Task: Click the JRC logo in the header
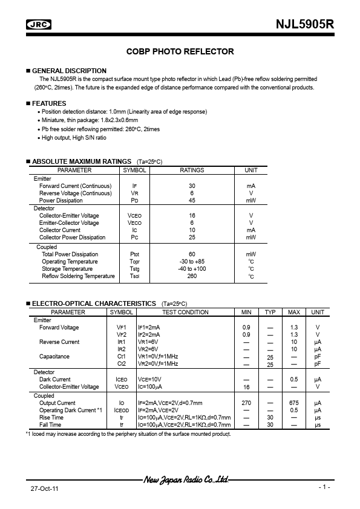39,25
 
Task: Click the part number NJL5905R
305,24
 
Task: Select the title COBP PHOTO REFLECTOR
180,52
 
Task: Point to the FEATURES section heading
49,103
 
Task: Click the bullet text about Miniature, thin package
90,120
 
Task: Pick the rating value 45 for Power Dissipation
192,200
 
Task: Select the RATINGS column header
192,170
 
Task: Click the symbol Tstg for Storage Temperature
134,269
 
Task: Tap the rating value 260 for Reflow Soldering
192,276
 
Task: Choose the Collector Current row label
60,230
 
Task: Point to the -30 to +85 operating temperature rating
192,262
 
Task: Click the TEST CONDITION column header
185,313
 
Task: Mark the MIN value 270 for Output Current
246,403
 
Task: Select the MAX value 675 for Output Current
293,403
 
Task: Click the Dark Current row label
55,380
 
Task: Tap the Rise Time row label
51,418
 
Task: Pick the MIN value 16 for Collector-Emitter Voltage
246,387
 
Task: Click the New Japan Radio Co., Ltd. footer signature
185,480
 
